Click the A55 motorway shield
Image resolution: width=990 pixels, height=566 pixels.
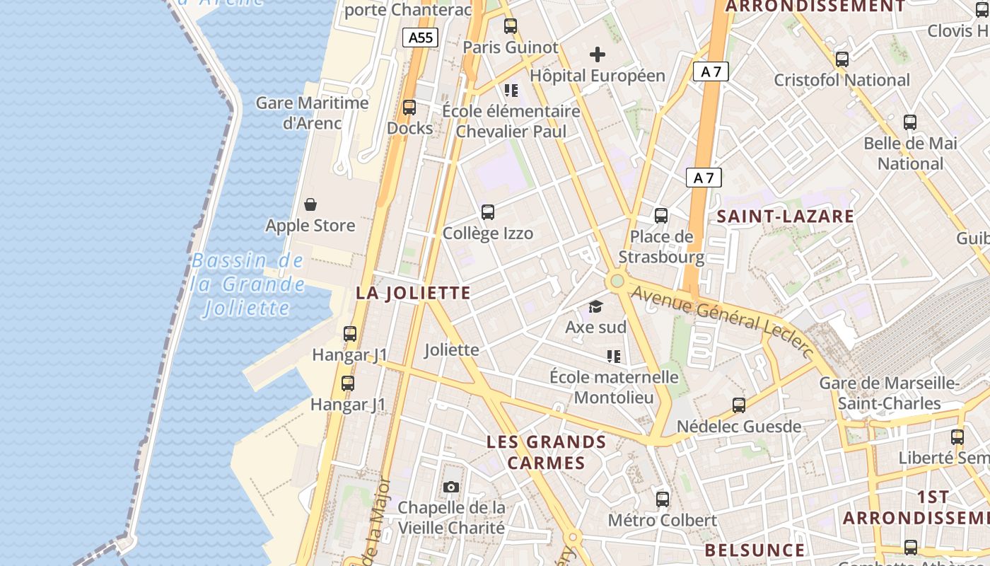tap(420, 37)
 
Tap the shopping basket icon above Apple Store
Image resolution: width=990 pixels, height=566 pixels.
tap(310, 205)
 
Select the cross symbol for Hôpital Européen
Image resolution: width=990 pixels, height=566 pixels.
tap(598, 54)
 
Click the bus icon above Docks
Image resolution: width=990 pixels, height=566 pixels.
tap(409, 108)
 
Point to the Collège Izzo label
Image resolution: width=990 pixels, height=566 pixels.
tap(488, 233)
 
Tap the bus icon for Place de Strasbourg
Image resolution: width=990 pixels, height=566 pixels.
tap(661, 216)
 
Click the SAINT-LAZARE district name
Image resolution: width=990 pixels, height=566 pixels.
tap(786, 216)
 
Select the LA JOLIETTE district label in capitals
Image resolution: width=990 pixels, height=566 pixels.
tap(414, 293)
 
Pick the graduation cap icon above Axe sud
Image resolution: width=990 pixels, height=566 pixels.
tap(596, 306)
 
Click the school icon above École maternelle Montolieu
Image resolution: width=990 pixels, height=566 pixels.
tap(613, 356)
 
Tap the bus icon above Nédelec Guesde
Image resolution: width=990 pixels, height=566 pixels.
tap(739, 405)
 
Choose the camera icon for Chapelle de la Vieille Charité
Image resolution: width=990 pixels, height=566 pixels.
tap(451, 487)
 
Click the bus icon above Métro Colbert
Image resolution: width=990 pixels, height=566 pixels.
tap(663, 499)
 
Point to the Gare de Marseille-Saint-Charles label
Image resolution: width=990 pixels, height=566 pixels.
tap(889, 393)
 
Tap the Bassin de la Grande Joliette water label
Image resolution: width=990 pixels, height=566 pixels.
tap(248, 284)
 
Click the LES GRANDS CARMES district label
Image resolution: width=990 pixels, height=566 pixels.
tap(547, 453)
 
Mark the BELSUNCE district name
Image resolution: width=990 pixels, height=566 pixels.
tap(755, 550)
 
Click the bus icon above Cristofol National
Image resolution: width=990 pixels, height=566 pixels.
tap(841, 59)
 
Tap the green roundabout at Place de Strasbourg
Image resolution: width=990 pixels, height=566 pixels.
tap(617, 282)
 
